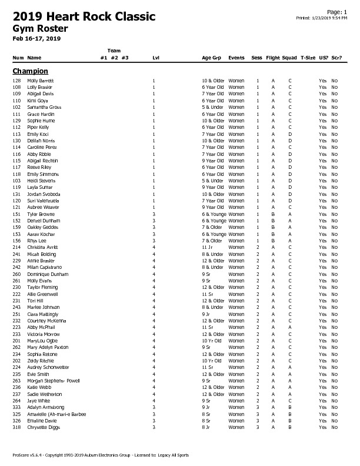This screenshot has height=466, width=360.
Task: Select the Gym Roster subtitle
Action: pos(40,28)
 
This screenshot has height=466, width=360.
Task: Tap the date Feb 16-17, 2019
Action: pos(36,38)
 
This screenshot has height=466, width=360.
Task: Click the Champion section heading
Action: pos(30,71)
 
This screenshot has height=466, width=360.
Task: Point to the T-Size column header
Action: pos(308,58)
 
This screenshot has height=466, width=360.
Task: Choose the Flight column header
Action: pos(273,58)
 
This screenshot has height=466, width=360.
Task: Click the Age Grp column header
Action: pos(211,58)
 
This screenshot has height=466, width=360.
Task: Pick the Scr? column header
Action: pos(336,58)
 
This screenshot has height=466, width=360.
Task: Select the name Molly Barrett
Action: pos(41,80)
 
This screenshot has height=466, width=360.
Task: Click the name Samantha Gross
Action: pos(44,107)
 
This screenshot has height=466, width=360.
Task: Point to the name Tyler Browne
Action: pos(41,214)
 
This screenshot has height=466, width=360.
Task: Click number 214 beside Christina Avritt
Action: pos(16,248)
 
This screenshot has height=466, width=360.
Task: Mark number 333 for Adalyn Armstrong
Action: pos(16,407)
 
